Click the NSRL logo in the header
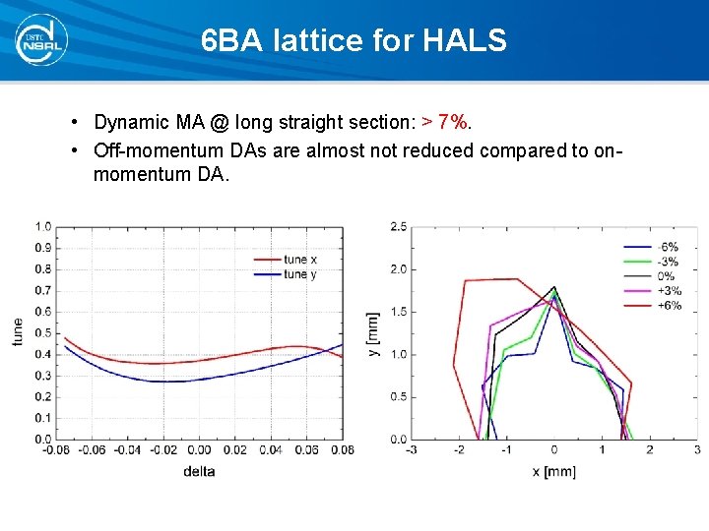(37, 38)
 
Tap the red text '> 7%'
(446, 123)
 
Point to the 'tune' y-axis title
(17, 331)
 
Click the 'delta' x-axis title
(198, 471)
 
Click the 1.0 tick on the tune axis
(44, 226)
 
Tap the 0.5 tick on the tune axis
(44, 332)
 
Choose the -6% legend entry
(667, 247)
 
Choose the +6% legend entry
(667, 306)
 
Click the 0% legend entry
(667, 276)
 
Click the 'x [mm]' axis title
(553, 471)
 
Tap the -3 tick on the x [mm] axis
(411, 450)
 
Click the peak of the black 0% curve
(553, 286)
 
